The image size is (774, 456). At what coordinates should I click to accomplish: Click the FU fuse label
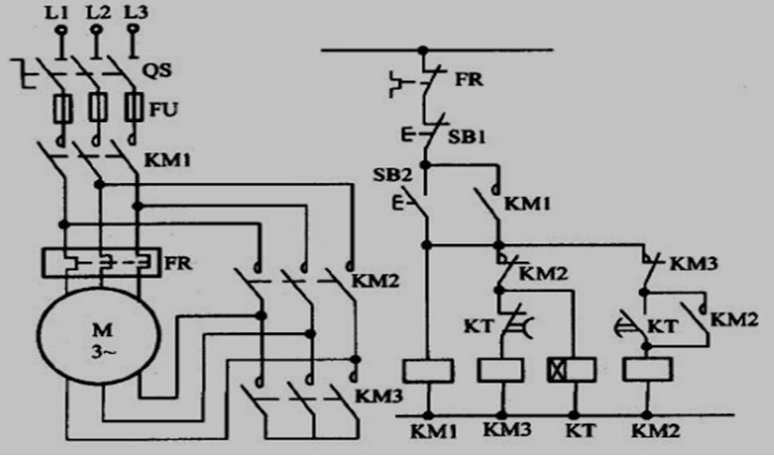tap(164, 110)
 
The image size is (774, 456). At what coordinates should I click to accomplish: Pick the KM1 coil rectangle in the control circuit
tap(427, 369)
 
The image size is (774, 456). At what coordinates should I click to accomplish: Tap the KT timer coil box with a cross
tap(571, 369)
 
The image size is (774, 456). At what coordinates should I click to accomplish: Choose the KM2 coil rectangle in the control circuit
tap(645, 369)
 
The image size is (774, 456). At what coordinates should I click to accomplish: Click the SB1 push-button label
tap(466, 136)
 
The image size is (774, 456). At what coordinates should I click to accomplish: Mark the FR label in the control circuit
tap(468, 79)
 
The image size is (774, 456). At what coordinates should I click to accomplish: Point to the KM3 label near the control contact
tap(696, 264)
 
